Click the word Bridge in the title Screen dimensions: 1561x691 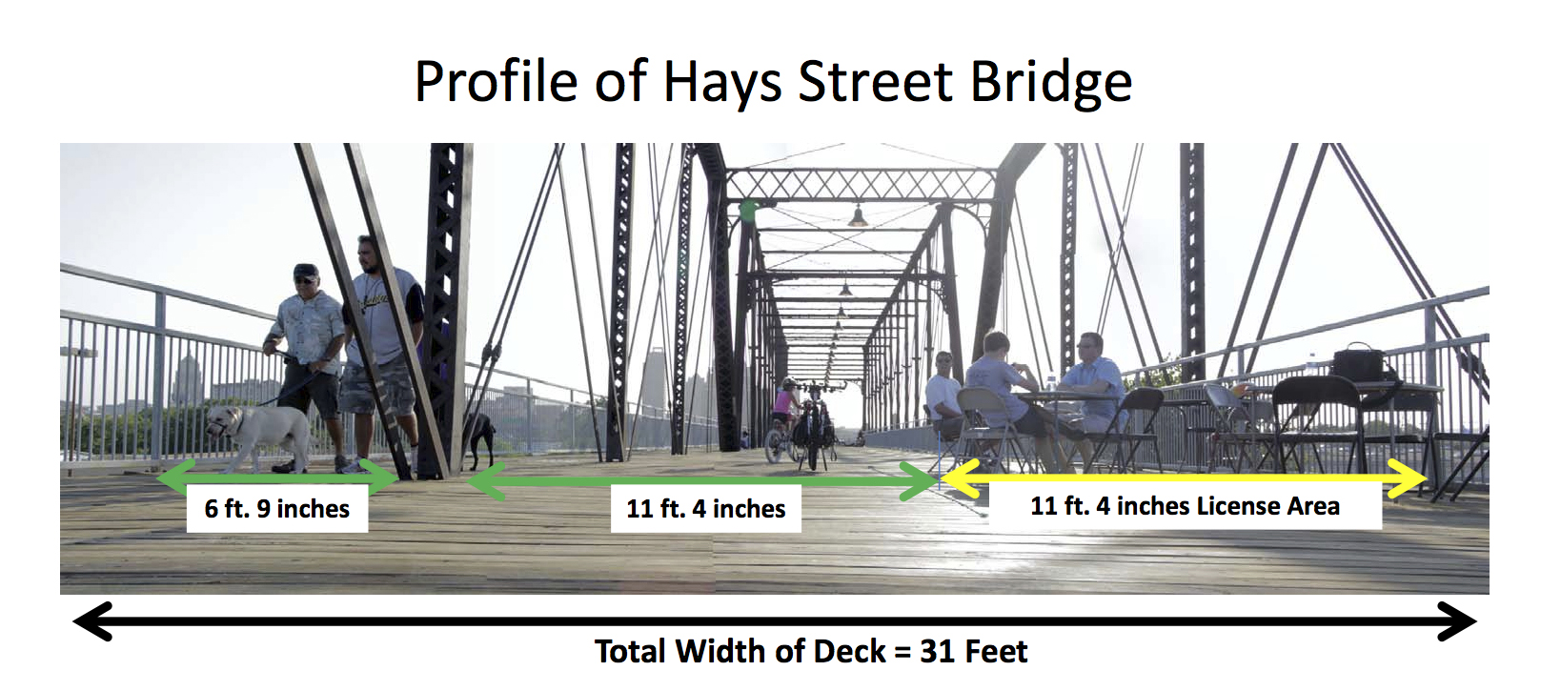click(1051, 82)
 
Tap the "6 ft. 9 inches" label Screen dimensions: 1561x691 click(276, 509)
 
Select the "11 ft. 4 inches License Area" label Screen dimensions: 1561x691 click(1185, 506)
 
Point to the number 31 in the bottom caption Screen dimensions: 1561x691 click(938, 652)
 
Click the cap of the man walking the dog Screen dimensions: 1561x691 click(305, 271)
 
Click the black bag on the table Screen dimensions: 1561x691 click(1358, 365)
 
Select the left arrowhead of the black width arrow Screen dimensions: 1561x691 click(93, 620)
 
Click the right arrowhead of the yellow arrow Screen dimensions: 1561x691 click(1408, 478)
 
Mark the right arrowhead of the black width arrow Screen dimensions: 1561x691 click(1456, 620)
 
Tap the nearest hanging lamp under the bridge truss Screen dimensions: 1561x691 click(858, 216)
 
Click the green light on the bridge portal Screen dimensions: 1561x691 click(749, 209)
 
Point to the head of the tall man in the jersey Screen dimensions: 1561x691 click(368, 254)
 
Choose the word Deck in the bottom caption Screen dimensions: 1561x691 click(849, 652)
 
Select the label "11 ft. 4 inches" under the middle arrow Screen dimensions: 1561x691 click(705, 509)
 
